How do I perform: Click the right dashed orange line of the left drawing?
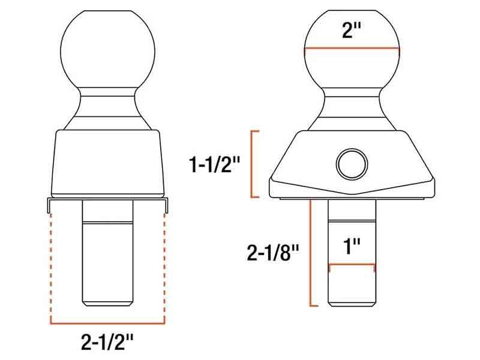[164, 264]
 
